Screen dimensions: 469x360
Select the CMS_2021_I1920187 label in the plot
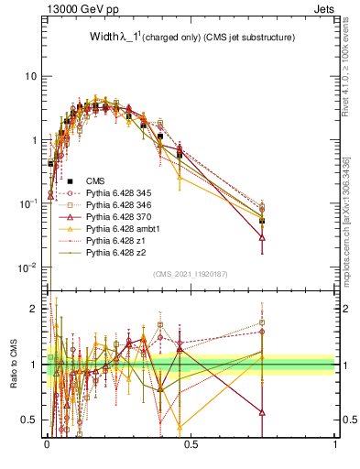(x=190, y=273)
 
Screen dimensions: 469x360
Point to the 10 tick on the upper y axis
(x=31, y=76)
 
